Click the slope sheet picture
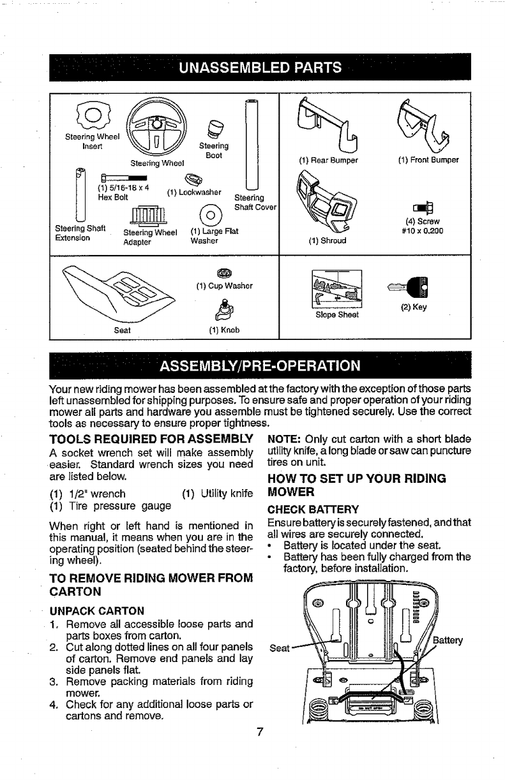tap(335, 289)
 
